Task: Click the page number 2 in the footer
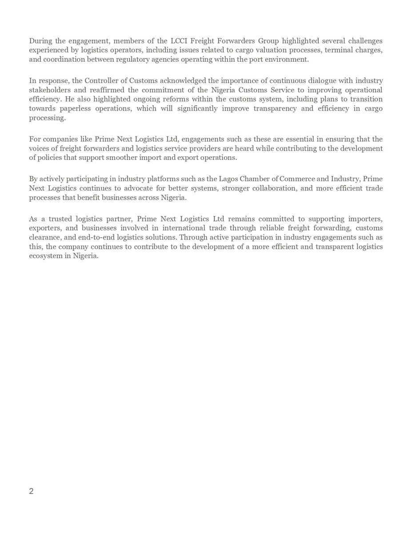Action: click(x=32, y=491)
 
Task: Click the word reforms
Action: click(x=202, y=99)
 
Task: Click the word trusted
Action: click(x=60, y=219)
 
